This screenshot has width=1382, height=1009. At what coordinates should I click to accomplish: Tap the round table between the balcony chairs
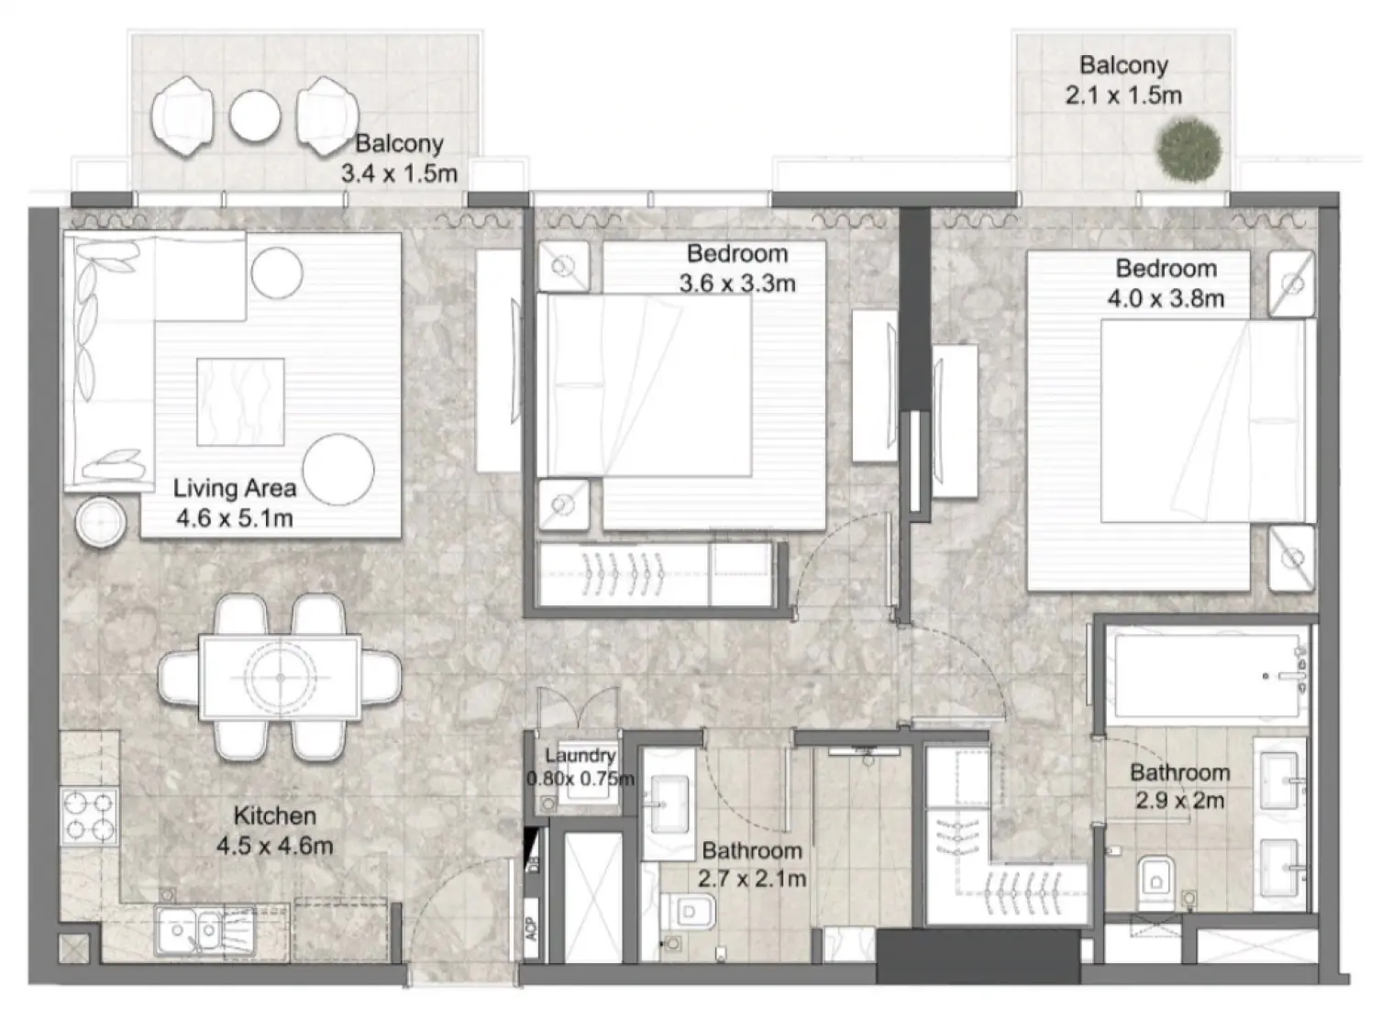point(254,116)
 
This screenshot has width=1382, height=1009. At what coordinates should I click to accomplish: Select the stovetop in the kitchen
point(89,815)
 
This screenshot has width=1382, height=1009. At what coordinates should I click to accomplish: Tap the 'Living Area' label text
point(235,488)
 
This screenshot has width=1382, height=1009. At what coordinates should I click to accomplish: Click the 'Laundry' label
point(580,756)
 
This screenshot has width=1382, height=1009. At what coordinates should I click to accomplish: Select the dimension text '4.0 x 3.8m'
point(1165,298)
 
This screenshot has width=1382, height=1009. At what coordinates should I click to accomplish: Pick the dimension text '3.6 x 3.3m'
point(736,283)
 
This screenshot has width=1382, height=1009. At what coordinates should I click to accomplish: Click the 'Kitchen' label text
point(274,815)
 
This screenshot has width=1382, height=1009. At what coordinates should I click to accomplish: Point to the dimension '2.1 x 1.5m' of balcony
point(1122,95)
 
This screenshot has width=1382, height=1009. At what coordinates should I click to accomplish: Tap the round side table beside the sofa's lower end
point(101,523)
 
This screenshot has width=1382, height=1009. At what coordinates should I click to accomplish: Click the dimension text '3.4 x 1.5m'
point(399,173)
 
